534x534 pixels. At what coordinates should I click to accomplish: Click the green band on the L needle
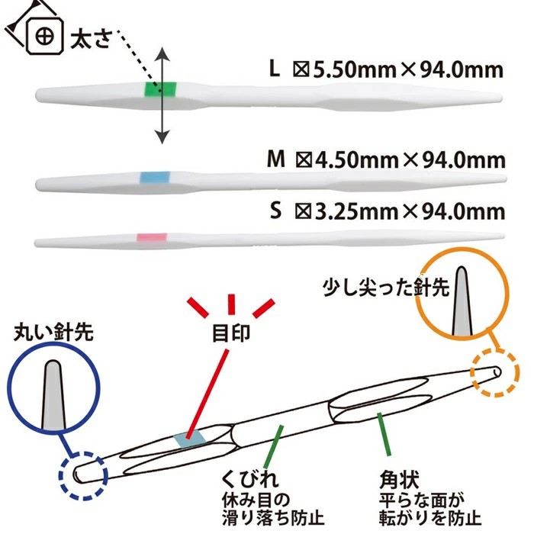pyautogui.click(x=160, y=90)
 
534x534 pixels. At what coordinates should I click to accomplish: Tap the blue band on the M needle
pyautogui.click(x=155, y=178)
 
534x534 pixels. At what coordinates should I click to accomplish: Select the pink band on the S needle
pyautogui.click(x=152, y=237)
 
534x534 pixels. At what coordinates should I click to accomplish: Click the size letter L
pyautogui.click(x=275, y=69)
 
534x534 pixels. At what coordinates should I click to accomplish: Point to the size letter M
pyautogui.click(x=276, y=159)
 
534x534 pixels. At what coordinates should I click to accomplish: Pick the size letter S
pyautogui.click(x=276, y=211)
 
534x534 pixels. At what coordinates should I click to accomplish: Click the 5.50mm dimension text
pyautogui.click(x=355, y=70)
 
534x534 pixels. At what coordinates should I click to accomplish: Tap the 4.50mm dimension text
pyautogui.click(x=357, y=160)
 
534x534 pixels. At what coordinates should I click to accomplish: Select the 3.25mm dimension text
pyautogui.click(x=356, y=212)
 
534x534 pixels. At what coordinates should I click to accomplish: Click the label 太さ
pyautogui.click(x=91, y=39)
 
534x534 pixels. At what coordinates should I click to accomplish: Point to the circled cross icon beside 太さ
pyautogui.click(x=45, y=36)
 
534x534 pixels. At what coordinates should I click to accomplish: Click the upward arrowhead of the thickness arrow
pyautogui.click(x=162, y=54)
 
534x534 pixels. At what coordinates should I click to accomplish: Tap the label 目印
pyautogui.click(x=231, y=333)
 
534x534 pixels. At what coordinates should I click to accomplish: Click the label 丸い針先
pyautogui.click(x=53, y=332)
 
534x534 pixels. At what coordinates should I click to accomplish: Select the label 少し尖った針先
pyautogui.click(x=386, y=288)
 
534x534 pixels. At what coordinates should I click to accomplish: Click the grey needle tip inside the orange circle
pyautogui.click(x=462, y=301)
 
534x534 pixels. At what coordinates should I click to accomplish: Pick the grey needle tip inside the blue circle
pyautogui.click(x=53, y=395)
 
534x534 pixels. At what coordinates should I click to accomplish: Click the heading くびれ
pyautogui.click(x=250, y=479)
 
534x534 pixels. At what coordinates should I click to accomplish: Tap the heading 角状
pyautogui.click(x=399, y=480)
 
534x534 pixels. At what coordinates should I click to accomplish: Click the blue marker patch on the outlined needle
pyautogui.click(x=190, y=439)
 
